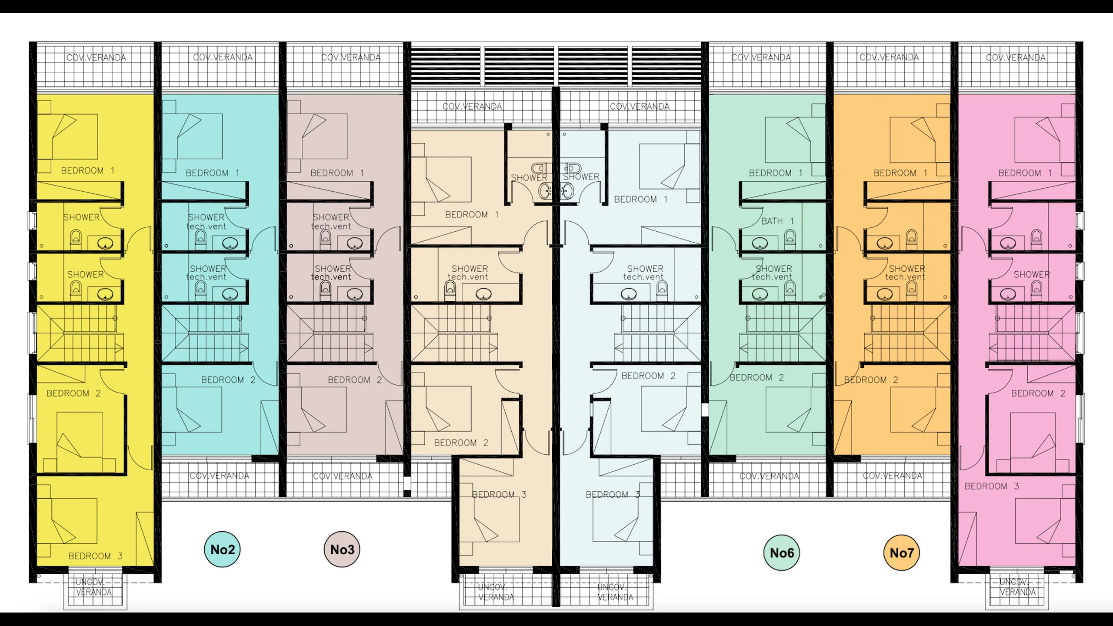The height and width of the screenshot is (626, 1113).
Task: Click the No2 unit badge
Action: click(x=222, y=549)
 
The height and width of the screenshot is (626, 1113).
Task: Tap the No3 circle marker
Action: click(x=342, y=549)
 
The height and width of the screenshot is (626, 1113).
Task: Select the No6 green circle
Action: click(x=782, y=553)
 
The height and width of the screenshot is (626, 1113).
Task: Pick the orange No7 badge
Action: click(x=902, y=553)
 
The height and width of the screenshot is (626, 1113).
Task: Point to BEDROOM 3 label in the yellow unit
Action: click(x=95, y=556)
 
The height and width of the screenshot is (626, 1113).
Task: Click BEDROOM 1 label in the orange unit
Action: click(x=900, y=173)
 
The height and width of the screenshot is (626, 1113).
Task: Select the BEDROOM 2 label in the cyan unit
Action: click(x=228, y=380)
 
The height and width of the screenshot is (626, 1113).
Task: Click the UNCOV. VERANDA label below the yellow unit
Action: click(x=94, y=587)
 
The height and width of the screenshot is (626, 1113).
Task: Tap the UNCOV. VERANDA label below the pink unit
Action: click(x=1017, y=587)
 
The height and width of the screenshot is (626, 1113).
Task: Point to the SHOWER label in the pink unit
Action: click(x=1031, y=274)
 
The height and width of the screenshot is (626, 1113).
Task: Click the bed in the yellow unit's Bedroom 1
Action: click(x=74, y=137)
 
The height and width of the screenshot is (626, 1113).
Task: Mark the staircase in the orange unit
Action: click(x=907, y=334)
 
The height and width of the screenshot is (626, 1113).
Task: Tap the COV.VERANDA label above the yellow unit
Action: click(x=96, y=57)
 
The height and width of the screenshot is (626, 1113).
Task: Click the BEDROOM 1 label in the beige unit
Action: click(x=472, y=215)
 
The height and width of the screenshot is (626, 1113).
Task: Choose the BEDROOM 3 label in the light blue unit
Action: click(x=613, y=495)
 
